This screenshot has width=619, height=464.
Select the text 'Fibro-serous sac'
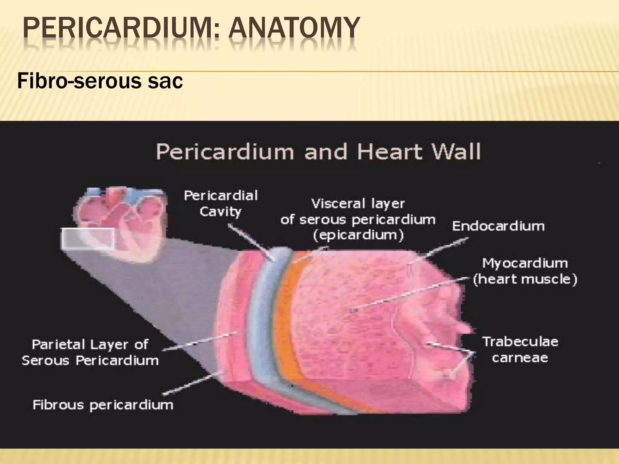pyautogui.click(x=100, y=81)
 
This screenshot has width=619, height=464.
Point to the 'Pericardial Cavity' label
pyautogui.click(x=221, y=203)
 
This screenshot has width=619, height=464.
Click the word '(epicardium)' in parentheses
pyautogui.click(x=358, y=235)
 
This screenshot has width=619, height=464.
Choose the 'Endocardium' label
pyautogui.click(x=498, y=226)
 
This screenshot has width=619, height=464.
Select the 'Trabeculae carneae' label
pyautogui.click(x=520, y=350)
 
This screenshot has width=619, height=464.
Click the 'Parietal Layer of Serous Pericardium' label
pyautogui.click(x=90, y=352)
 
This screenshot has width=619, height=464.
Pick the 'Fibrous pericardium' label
pyautogui.click(x=103, y=404)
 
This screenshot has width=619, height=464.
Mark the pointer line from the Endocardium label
pyautogui.click(x=438, y=251)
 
